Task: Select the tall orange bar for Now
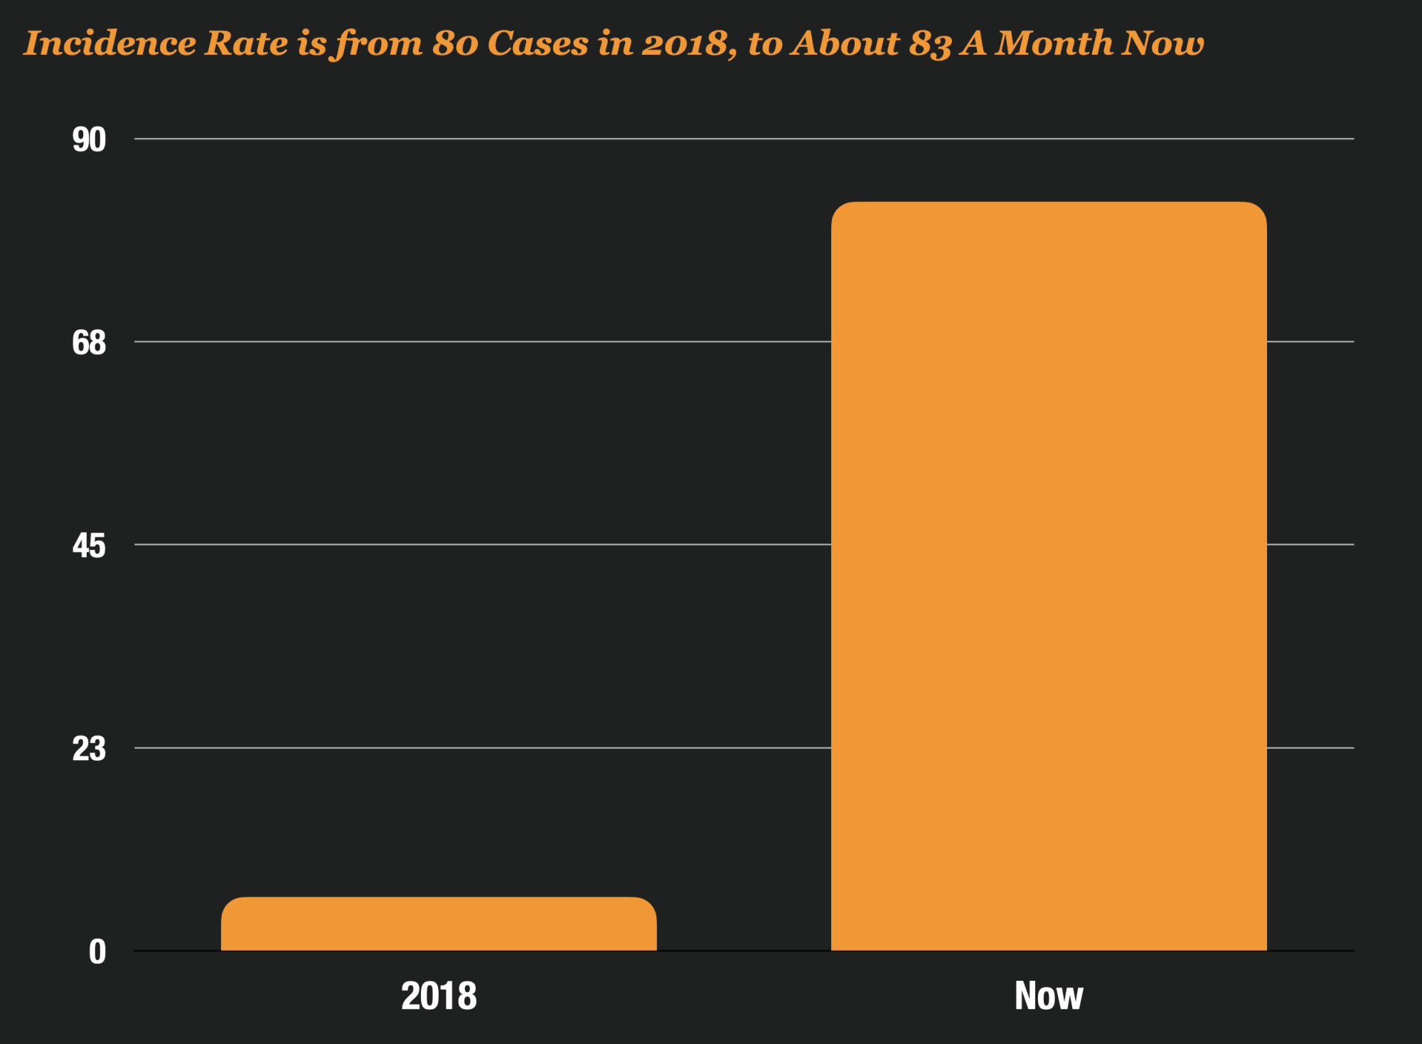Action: (1049, 576)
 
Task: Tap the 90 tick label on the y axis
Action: (89, 140)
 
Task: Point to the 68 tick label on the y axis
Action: (89, 343)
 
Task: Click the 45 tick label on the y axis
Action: (89, 546)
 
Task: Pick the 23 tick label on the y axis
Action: (89, 749)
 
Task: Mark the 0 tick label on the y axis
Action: (97, 952)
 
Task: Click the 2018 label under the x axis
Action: (439, 996)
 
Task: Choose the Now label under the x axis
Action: (1049, 996)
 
